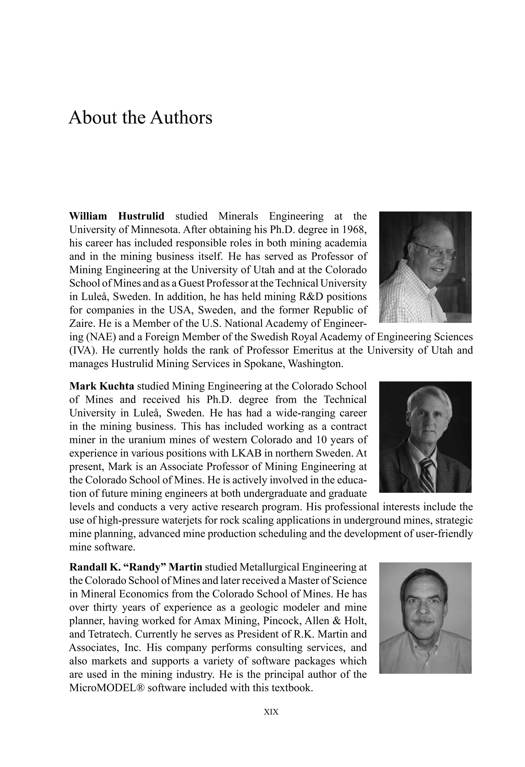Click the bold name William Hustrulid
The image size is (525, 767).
[117, 217]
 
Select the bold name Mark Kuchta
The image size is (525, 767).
[102, 386]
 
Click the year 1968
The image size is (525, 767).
[354, 230]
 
